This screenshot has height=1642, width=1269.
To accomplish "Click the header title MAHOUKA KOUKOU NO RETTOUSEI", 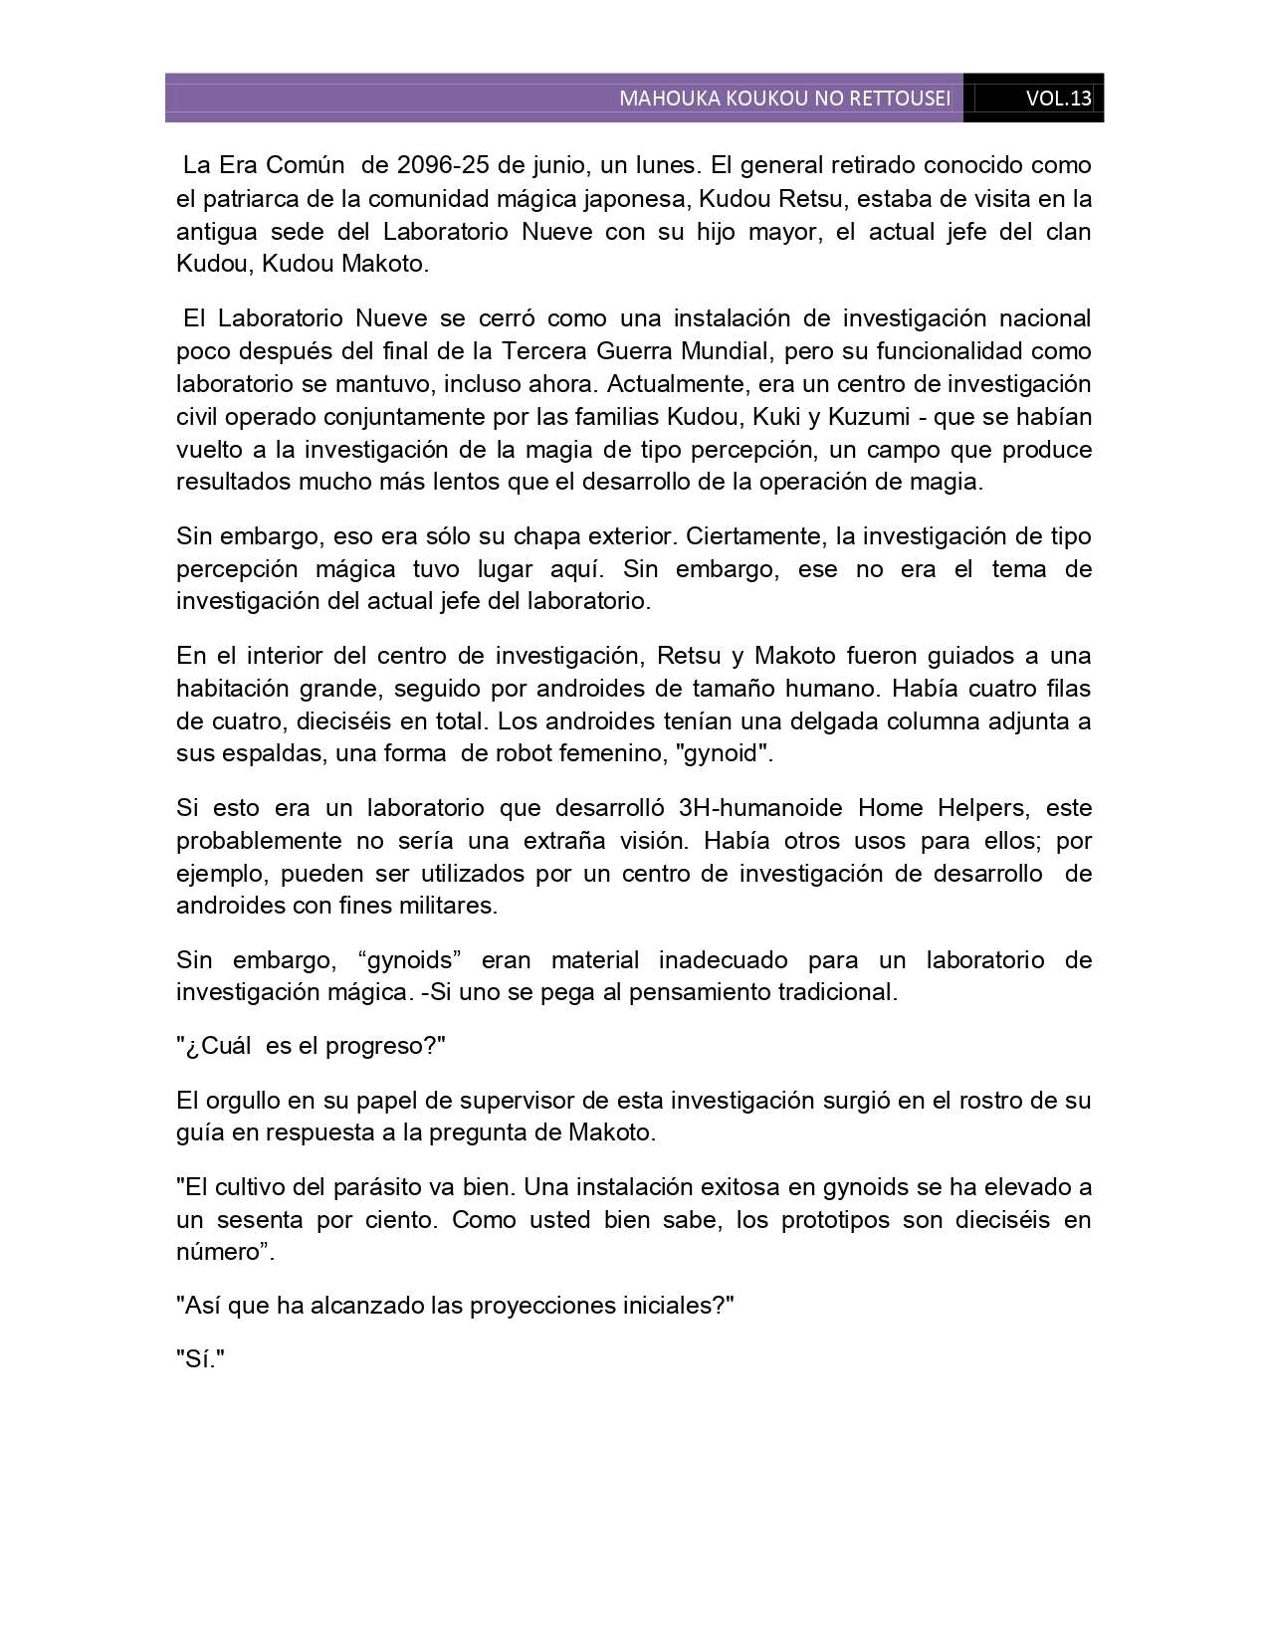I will [x=784, y=99].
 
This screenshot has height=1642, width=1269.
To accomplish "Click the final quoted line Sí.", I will [x=201, y=1359].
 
